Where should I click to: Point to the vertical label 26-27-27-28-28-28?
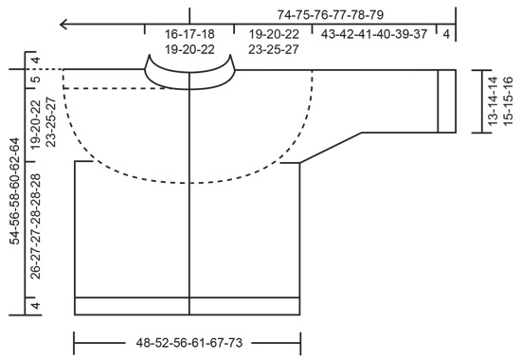[36, 228]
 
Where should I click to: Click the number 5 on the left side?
[36, 80]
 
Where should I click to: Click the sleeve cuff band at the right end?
[446, 99]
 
